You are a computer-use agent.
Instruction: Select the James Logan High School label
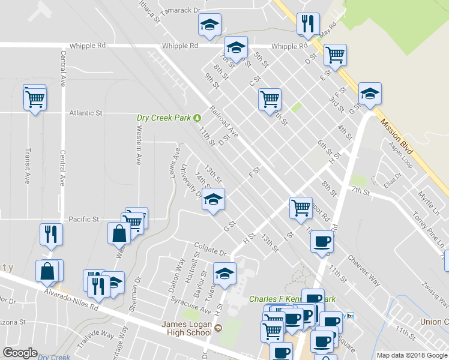pos(188,326)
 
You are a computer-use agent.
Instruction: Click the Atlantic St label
pos(86,113)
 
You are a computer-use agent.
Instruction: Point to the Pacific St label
pos(83,220)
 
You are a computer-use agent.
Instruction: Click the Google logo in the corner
pos(20,353)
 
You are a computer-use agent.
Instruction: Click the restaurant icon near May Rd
pos(308,25)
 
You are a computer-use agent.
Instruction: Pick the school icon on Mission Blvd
pos(370,94)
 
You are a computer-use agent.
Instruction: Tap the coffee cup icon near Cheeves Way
pos(322,242)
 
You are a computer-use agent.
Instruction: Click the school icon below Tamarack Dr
pos(209,25)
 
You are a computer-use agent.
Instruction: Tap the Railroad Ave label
pos(224,122)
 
